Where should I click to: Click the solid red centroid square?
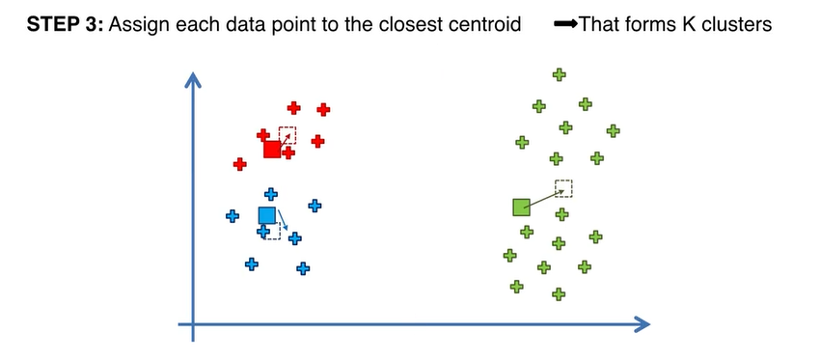pos(272,150)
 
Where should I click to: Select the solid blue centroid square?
pos(267,215)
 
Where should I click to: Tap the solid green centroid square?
pos(521,207)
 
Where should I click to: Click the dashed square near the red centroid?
pos(287,135)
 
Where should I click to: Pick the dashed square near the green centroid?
pos(564,188)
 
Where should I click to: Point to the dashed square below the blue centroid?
pos(272,232)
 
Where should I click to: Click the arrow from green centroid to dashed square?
pos(543,197)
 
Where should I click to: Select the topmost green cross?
pos(558,74)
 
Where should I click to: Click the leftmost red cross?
pos(240,164)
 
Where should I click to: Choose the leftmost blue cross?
pos(232,216)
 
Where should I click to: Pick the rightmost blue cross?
pos(315,205)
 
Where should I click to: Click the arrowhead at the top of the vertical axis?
pos(194,81)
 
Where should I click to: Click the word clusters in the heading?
pos(739,25)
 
